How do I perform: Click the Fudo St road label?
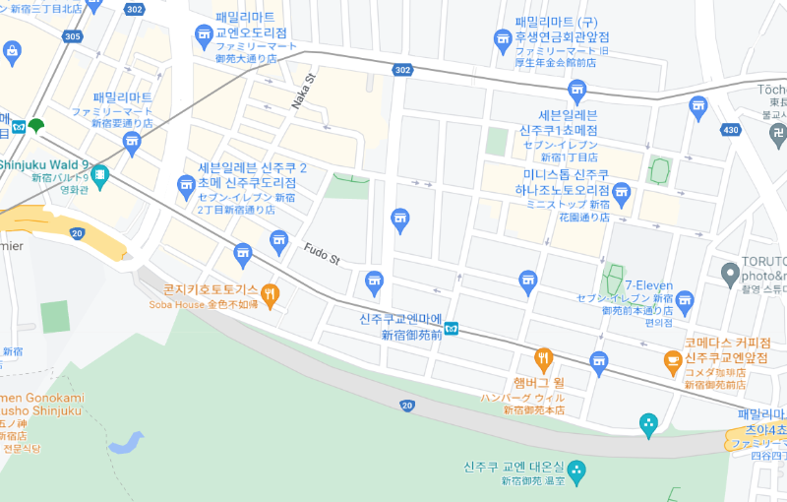tap(321, 254)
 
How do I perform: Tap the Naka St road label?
tap(303, 91)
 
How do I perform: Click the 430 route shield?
tap(729, 130)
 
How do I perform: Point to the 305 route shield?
tap(72, 36)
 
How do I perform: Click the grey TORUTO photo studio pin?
tap(729, 273)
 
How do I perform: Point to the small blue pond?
tap(128, 442)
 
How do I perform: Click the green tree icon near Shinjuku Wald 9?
tap(36, 125)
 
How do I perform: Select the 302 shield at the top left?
tap(135, 9)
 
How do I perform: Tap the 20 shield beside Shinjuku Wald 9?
tap(78, 233)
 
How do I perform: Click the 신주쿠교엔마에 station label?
tap(400, 319)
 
